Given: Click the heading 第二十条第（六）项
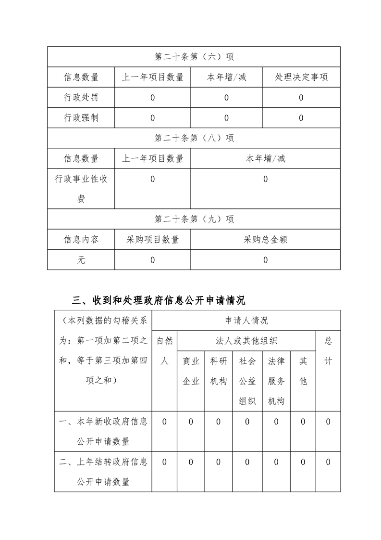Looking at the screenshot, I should point(194,57).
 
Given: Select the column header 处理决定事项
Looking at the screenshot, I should point(301,77).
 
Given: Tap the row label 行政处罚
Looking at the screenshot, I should point(81,98).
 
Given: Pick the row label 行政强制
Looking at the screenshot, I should point(81,118).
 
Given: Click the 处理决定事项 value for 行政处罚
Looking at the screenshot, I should point(301,98).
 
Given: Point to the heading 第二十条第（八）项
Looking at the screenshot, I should point(194,138).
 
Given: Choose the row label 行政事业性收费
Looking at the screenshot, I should point(81,189).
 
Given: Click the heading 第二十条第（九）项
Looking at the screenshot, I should point(194,219).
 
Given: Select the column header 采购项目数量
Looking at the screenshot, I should point(153,240).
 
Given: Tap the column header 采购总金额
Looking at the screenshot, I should point(265,240).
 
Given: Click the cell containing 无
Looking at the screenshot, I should point(81,260).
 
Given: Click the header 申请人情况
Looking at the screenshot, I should point(246,321).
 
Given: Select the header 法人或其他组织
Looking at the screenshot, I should point(246,341).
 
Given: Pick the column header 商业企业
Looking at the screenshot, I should point(191,371).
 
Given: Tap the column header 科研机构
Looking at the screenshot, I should point(219,371).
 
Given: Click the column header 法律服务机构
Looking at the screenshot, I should point(276,381).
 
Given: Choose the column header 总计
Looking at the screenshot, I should point(328,351).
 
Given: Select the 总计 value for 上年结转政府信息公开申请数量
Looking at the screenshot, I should point(328,462).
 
